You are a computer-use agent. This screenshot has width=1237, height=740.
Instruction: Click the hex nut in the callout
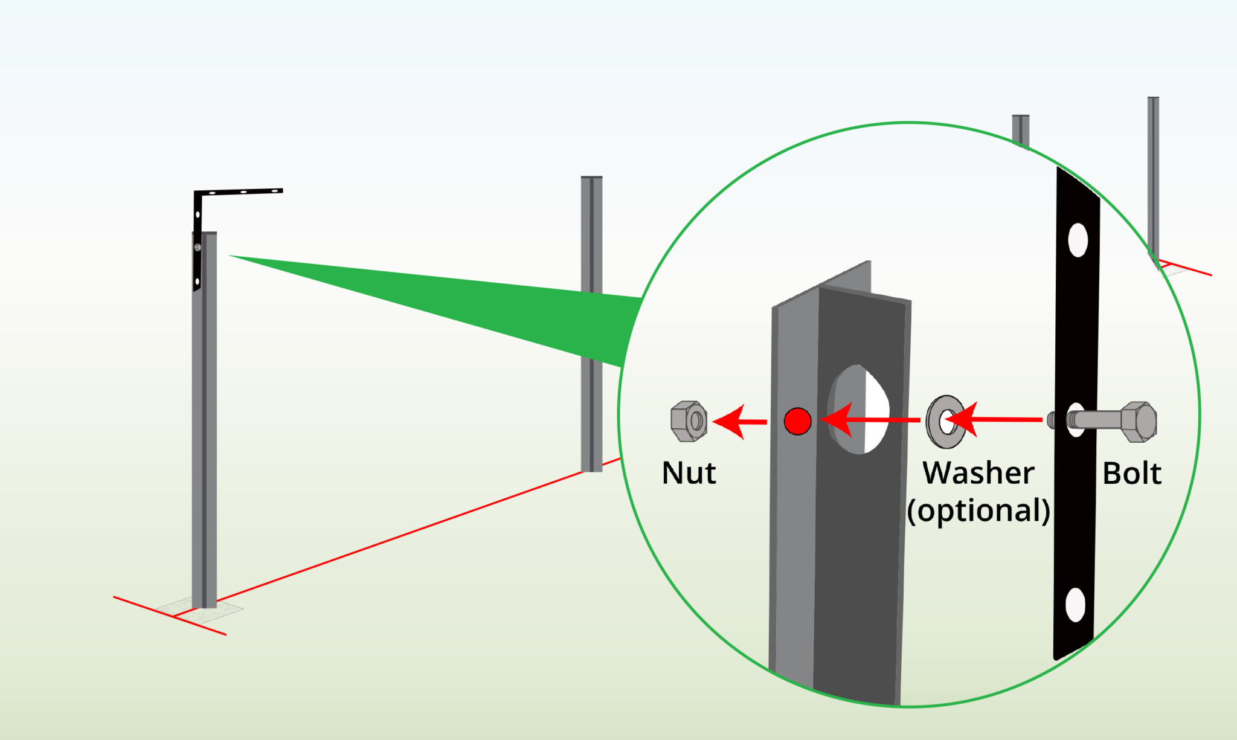click(689, 421)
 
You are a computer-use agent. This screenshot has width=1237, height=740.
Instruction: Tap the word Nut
click(689, 473)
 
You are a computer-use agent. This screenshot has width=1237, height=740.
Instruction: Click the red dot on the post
click(797, 421)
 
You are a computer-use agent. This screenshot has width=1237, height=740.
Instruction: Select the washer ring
click(946, 422)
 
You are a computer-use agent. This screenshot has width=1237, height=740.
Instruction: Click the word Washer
click(978, 473)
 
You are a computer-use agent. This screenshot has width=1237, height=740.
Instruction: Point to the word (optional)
click(978, 510)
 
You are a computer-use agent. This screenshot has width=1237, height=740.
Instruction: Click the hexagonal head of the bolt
click(1139, 421)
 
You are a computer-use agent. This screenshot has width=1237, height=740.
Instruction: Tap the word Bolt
click(1131, 473)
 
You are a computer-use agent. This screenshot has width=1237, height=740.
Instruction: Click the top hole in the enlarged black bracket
click(1078, 240)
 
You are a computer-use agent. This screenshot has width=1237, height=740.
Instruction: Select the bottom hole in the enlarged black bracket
click(1075, 605)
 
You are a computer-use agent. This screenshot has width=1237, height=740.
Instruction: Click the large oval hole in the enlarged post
click(859, 409)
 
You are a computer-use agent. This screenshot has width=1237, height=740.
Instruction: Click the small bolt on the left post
click(198, 248)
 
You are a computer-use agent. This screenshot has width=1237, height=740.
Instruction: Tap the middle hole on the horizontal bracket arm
click(243, 192)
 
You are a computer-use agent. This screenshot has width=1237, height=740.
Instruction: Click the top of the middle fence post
click(591, 179)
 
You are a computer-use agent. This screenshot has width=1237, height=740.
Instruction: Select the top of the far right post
click(1153, 100)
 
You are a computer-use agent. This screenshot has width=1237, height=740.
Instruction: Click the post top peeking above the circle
click(1021, 118)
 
